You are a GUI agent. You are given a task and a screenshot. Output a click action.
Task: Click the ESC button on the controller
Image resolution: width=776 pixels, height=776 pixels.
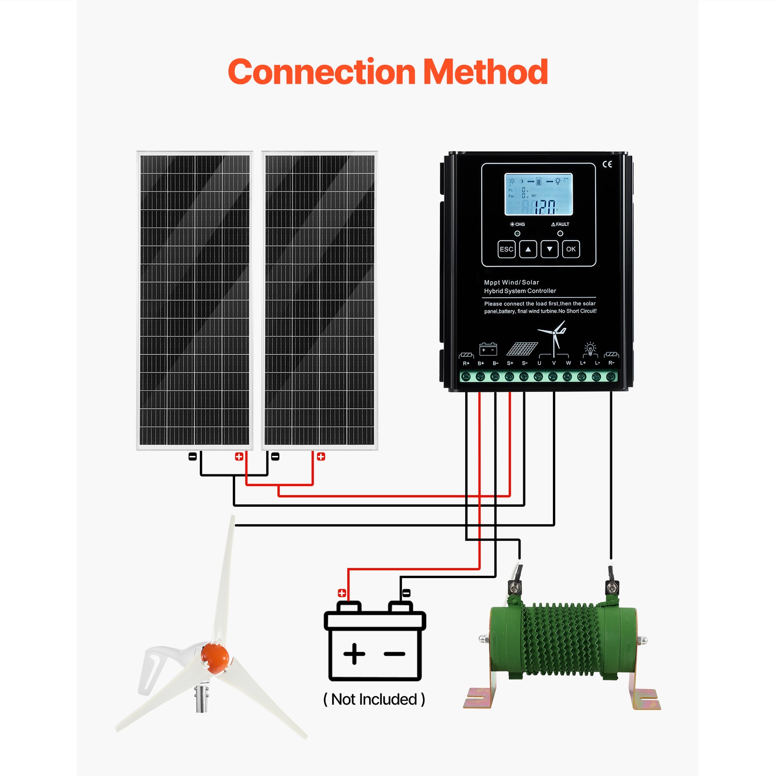point(506,249)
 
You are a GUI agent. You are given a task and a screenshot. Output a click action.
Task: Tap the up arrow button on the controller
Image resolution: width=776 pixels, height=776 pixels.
point(528,249)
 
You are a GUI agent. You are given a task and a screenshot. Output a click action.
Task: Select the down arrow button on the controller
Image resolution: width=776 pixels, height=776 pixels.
point(550,249)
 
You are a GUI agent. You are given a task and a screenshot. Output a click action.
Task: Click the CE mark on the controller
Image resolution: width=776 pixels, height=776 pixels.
point(607,164)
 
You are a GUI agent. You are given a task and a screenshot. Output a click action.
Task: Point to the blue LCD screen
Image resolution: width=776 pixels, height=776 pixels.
point(538,194)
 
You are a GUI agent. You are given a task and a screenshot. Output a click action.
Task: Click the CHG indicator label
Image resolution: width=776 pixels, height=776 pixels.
point(517,224)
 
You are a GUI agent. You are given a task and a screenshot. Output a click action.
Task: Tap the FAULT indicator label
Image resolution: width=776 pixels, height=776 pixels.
point(560,224)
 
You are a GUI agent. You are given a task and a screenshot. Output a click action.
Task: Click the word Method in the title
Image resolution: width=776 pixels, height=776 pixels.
point(485,72)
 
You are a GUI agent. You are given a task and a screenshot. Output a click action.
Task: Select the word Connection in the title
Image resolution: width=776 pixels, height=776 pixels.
point(322,72)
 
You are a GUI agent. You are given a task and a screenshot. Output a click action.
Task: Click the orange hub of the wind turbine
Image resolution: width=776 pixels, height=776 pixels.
point(214,657)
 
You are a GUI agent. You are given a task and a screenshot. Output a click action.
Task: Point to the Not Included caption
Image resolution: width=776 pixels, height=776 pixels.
point(374,699)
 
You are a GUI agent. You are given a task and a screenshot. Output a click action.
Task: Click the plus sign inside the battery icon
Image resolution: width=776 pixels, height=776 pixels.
point(354,654)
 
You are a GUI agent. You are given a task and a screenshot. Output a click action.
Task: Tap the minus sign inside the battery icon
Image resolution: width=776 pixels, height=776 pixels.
point(394,654)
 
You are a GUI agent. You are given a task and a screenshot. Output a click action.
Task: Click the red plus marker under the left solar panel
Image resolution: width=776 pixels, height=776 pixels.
point(239,456)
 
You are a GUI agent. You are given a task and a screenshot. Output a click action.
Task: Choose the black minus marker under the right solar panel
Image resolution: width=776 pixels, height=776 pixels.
point(275,456)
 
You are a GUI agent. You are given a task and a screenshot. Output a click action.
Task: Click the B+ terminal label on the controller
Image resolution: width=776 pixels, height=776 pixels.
point(481,363)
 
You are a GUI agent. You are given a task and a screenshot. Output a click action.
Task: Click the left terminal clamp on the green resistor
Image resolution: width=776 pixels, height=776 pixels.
point(515,587)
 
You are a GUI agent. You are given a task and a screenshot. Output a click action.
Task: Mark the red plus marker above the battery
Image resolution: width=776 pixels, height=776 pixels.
point(342,593)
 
